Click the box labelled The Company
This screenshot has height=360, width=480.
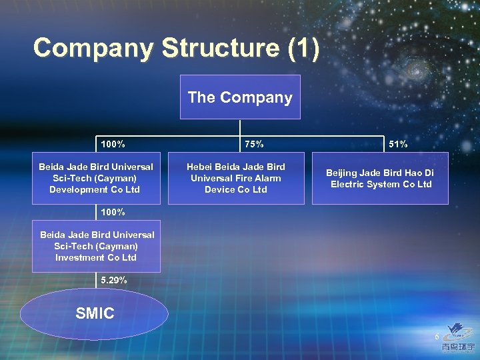[x=240, y=97]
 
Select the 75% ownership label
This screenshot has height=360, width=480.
[x=254, y=144]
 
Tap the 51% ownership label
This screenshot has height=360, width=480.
[x=398, y=144]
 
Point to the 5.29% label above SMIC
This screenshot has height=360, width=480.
[x=114, y=281]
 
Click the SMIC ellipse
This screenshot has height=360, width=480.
[x=94, y=314]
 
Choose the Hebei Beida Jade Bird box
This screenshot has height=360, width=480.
[x=235, y=178]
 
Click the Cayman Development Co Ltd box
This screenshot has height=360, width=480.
[x=96, y=178]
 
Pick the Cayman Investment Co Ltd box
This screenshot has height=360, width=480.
[x=96, y=246]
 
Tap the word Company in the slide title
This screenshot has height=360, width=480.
[x=93, y=49]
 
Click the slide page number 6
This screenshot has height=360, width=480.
[x=437, y=337]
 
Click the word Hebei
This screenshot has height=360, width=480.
[x=199, y=167]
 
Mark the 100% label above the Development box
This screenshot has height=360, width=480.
[x=114, y=144]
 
